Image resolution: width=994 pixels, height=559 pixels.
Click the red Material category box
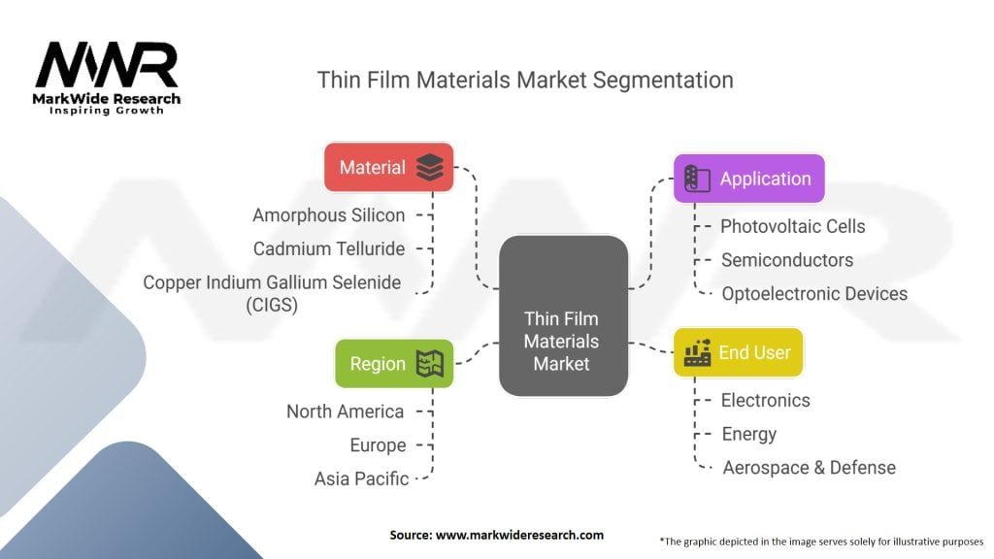coord(388,167)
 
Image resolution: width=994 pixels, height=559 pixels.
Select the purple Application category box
coord(748,179)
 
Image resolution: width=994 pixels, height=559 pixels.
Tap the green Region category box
coord(394,364)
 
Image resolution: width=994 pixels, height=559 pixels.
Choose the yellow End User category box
coord(738,352)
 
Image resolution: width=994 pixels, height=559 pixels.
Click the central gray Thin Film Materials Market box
coord(564,315)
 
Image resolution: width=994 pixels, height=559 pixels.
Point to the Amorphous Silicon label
coord(328,215)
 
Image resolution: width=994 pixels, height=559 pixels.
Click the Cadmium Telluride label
coord(328,249)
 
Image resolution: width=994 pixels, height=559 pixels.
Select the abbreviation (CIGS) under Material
coord(272,305)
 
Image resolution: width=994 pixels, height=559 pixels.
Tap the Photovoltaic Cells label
coord(792,226)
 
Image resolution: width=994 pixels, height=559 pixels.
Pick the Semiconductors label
coord(786,260)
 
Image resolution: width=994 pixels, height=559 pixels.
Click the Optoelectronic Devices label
coord(814,293)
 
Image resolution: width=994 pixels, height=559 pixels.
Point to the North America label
coord(345,411)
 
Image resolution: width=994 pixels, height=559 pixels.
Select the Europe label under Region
coord(378,445)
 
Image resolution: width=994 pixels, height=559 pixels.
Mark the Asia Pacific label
coord(361,479)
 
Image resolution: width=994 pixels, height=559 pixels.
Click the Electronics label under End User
coord(765,401)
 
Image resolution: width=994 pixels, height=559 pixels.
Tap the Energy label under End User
coord(748,434)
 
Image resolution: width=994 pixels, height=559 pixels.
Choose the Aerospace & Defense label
coord(809,468)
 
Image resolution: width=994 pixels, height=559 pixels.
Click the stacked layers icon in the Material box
coord(430,167)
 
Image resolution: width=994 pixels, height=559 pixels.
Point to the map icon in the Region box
coord(430,364)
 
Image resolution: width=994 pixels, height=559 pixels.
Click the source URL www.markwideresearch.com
coord(520,535)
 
